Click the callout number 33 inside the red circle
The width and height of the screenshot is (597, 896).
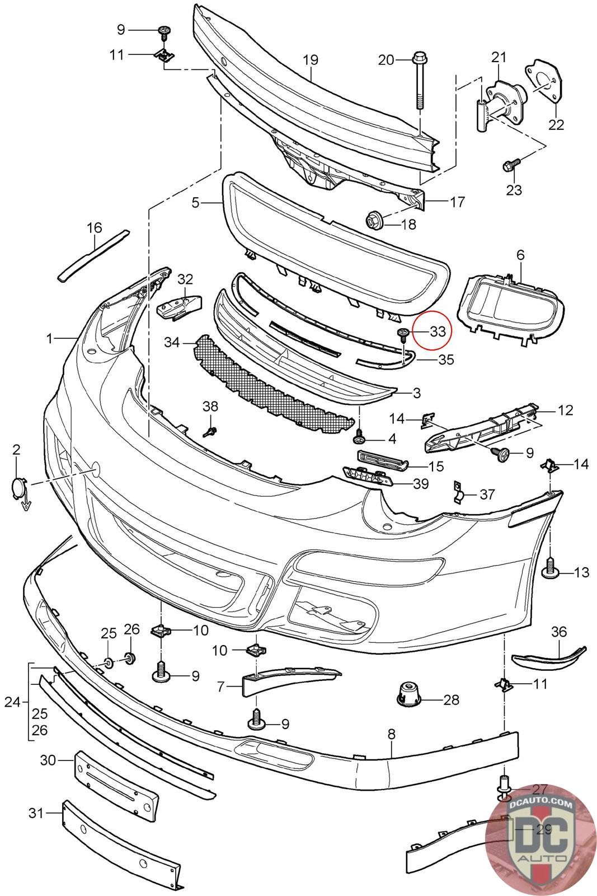(438, 331)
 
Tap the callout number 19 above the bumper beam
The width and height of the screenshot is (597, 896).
(311, 60)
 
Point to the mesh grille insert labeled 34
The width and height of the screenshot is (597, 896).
(274, 385)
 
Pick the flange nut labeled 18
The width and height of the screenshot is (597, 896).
(374, 221)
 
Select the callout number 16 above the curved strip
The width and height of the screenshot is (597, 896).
(95, 227)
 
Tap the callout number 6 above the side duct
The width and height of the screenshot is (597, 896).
(520, 255)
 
